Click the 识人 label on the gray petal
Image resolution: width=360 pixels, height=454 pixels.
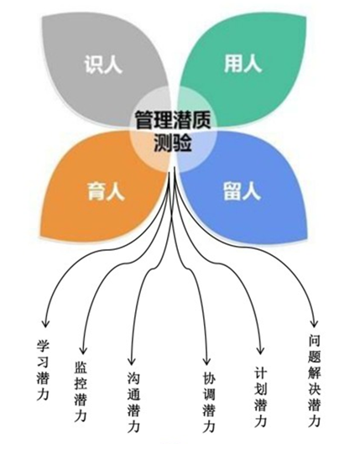103,64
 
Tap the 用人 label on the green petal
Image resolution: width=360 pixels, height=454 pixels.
243,63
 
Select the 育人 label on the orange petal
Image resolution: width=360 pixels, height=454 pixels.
106,190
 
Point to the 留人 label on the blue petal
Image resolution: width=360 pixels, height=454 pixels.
243,190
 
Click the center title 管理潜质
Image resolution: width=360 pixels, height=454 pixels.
173,119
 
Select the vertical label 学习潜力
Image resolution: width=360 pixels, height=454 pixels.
43,370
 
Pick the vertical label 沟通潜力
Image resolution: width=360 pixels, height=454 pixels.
133,402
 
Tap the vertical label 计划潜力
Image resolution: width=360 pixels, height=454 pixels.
260,396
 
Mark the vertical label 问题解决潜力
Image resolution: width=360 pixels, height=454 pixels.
314,380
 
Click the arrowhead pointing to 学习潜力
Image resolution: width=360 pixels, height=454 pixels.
45,324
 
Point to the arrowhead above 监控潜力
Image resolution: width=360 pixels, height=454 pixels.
83,350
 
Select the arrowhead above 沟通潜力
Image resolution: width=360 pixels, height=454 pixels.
132,361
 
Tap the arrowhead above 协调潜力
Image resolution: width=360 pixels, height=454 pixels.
206,361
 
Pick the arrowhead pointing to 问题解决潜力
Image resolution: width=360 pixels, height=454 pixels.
315,324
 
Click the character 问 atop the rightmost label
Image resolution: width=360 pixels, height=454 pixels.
314,340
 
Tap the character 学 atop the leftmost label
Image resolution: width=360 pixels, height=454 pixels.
43,345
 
